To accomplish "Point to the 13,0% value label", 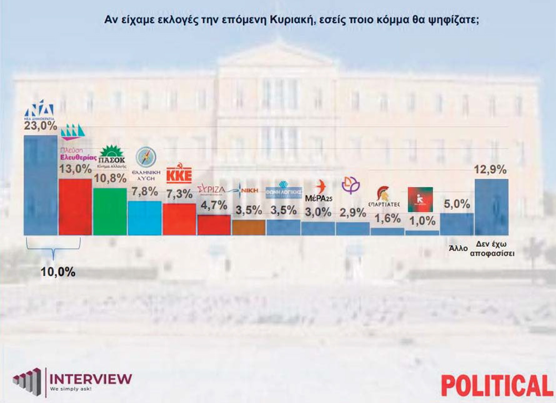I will pos(75,169).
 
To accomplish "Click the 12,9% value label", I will pos(490,169).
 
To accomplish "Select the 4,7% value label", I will pos(214,206).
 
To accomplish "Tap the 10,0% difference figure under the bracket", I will pos(58,272).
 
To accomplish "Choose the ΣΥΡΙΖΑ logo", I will pos(212,189).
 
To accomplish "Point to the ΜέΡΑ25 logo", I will pos(319,192).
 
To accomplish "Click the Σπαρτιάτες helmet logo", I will pos(384,196).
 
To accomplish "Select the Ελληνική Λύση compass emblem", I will pos(146,157).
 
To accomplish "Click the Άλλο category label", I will pos(458,248).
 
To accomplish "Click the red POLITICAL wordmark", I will pos(497,386).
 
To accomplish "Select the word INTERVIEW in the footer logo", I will pos(91,379).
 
